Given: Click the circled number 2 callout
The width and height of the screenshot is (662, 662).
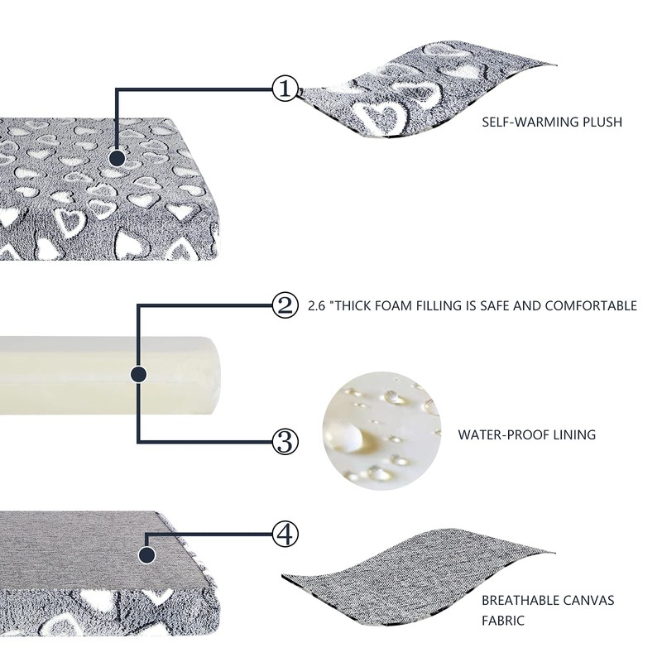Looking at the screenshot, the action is click(284, 305).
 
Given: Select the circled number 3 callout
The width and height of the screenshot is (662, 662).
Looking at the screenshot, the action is click(284, 441).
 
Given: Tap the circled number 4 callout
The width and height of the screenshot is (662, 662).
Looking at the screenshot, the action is click(284, 534).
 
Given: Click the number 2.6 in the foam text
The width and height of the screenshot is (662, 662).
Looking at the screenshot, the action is click(316, 305).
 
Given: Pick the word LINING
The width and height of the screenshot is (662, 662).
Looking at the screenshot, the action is click(574, 434).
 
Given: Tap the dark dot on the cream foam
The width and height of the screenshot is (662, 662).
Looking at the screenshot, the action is click(138, 374).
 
